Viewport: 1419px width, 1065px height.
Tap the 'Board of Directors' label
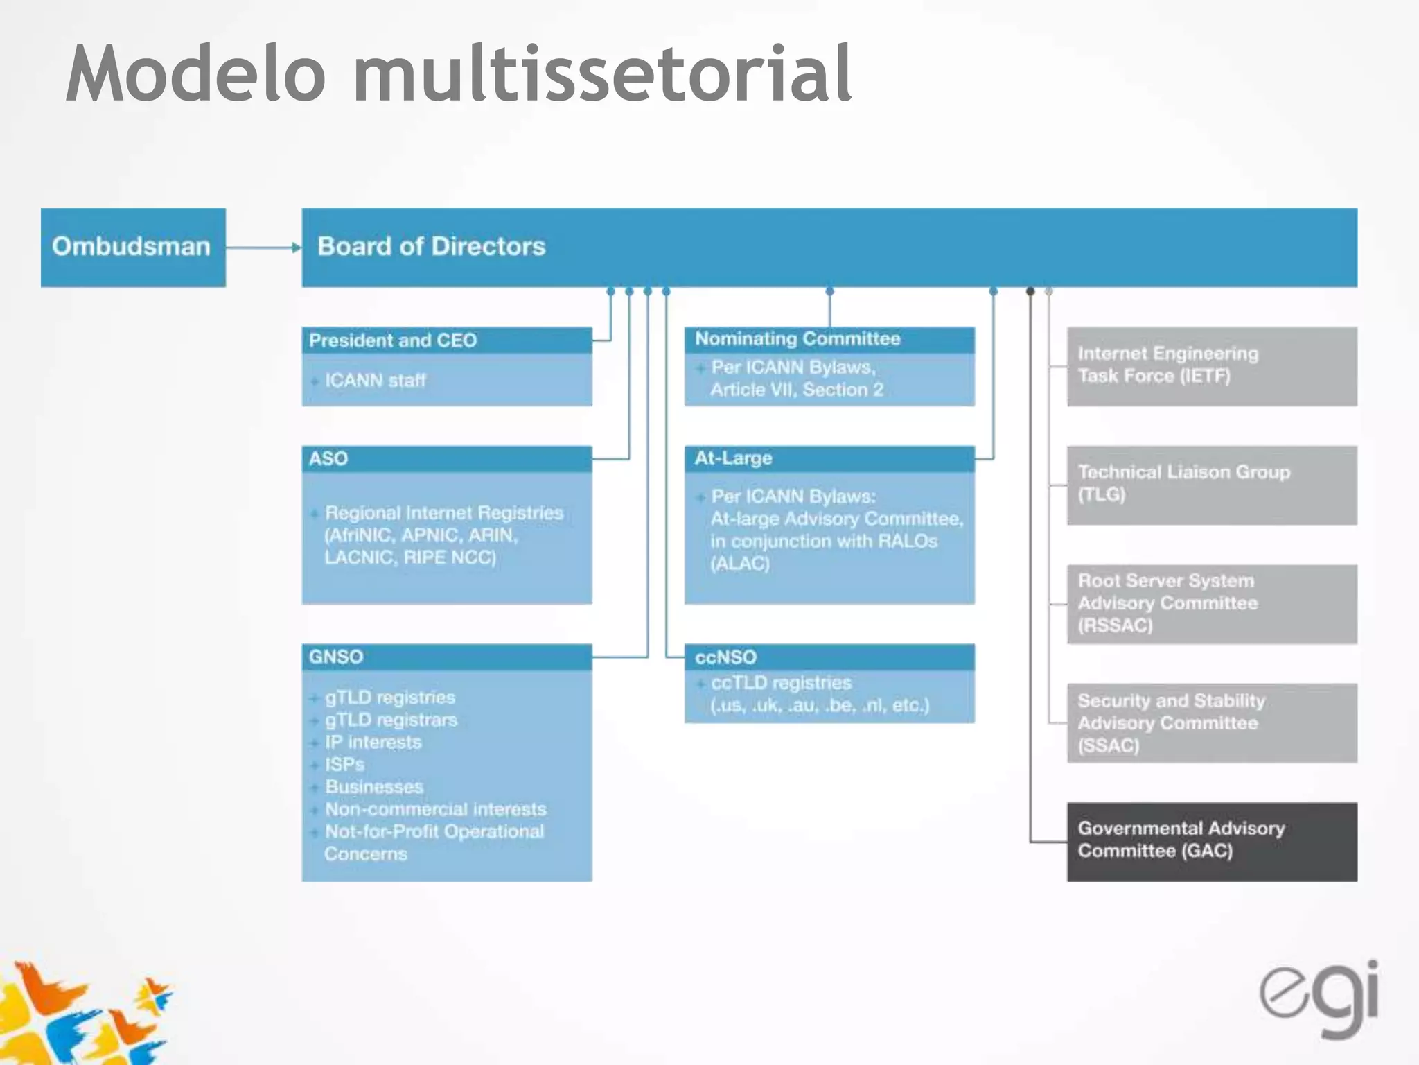[431, 246]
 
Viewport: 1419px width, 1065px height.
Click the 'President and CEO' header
[393, 340]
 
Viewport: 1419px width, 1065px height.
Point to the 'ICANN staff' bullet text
[375, 380]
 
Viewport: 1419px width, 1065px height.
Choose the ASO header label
[328, 458]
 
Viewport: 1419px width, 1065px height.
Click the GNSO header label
[336, 657]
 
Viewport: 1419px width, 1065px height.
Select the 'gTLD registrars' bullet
[391, 720]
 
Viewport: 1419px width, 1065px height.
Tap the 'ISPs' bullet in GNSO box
[344, 764]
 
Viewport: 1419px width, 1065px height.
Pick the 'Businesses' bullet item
[373, 786]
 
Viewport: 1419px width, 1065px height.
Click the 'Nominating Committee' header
[797, 338]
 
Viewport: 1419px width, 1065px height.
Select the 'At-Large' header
[733, 458]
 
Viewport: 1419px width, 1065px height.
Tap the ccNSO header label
[725, 657]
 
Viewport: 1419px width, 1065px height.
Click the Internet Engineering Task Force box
[1211, 366]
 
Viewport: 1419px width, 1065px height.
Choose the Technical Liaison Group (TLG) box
[1211, 485]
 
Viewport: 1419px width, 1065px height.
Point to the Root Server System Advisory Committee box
[1211, 604]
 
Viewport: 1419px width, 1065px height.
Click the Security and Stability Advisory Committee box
[1211, 723]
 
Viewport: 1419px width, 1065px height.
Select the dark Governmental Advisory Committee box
[1211, 842]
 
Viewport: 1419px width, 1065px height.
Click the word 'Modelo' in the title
[196, 74]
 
